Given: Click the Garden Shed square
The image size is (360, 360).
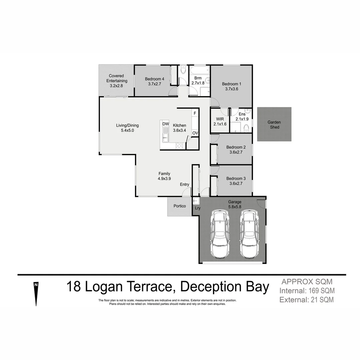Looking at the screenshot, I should [274, 125].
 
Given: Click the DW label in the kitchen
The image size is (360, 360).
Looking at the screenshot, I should [165, 124].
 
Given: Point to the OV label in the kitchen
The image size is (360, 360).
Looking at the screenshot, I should [195, 133].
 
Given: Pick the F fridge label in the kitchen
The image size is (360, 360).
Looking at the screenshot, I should [195, 114].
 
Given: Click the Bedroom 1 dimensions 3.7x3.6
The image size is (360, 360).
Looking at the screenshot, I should [230, 89].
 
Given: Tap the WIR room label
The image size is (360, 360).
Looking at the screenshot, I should [220, 119].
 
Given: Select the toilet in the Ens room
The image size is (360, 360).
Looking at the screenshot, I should [246, 128].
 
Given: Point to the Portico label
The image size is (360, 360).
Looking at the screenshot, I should [180, 206].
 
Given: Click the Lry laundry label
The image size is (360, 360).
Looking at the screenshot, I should [198, 208].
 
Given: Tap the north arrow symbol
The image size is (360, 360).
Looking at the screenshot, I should [36, 293].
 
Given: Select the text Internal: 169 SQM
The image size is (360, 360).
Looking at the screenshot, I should [307, 291].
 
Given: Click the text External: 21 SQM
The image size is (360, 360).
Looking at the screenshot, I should [307, 300].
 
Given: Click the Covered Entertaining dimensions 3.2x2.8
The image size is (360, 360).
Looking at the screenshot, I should [116, 86].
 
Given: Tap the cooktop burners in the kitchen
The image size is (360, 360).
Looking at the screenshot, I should [179, 146].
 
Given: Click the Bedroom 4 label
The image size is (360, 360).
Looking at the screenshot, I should [154, 79].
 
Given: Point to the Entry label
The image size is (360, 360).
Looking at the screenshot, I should [184, 184].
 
